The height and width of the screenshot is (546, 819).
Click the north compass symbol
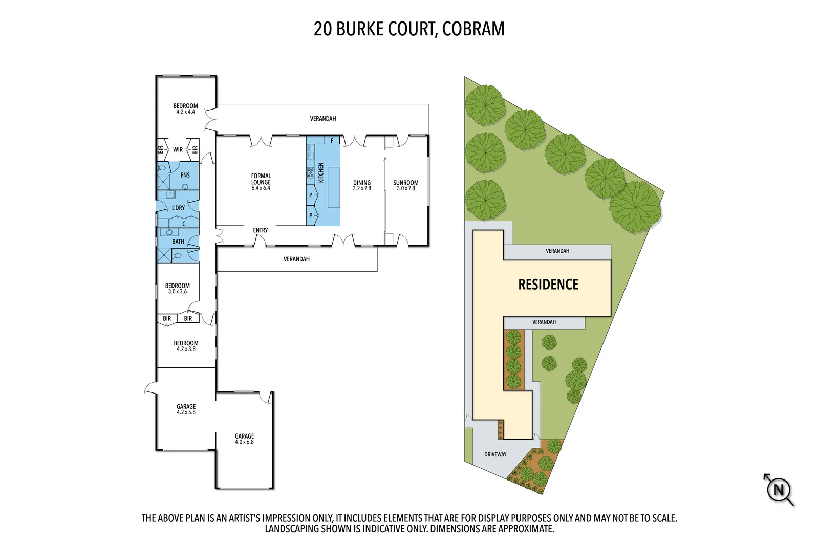tap(779, 490)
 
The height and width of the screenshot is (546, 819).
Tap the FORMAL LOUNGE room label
tap(261, 179)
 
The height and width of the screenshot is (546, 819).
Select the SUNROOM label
tap(405, 183)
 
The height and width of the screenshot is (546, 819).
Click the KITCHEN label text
tap(321, 172)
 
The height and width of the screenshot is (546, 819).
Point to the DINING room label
tap(362, 183)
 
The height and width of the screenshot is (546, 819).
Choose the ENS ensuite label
tap(185, 175)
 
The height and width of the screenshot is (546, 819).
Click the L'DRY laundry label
tap(178, 208)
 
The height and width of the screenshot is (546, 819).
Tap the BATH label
tap(178, 242)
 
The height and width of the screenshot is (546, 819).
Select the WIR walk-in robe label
tap(178, 149)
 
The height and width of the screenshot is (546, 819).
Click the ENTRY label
tap(260, 230)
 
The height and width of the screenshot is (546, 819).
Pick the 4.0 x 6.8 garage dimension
tap(244, 442)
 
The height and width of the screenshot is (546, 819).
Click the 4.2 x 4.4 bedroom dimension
tap(185, 112)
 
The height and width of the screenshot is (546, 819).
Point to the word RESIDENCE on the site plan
tap(548, 285)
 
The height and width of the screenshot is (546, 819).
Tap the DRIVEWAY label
tap(495, 454)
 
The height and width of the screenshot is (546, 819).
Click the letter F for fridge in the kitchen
tap(332, 141)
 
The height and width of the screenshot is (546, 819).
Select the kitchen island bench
tap(334, 187)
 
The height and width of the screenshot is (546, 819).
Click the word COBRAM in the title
tap(473, 29)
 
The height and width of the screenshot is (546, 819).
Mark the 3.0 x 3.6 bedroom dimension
tap(178, 292)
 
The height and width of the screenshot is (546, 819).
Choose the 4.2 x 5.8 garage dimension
tap(186, 412)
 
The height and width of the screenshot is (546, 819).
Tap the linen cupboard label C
tap(184, 224)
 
